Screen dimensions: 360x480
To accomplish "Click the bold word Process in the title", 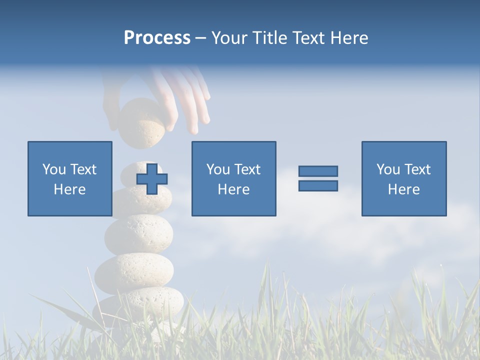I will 157,38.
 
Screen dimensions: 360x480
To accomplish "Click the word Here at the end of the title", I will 349,38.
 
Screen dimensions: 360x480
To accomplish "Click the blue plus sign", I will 152,179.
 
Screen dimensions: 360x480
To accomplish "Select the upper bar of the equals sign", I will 318,171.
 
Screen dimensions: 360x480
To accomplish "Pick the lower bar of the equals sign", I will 318,186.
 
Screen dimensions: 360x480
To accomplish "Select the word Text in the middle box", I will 247,169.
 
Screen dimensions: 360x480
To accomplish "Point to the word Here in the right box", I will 404,189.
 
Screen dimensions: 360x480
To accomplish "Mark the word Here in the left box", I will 70,189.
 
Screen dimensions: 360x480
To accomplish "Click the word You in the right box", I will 388,169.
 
